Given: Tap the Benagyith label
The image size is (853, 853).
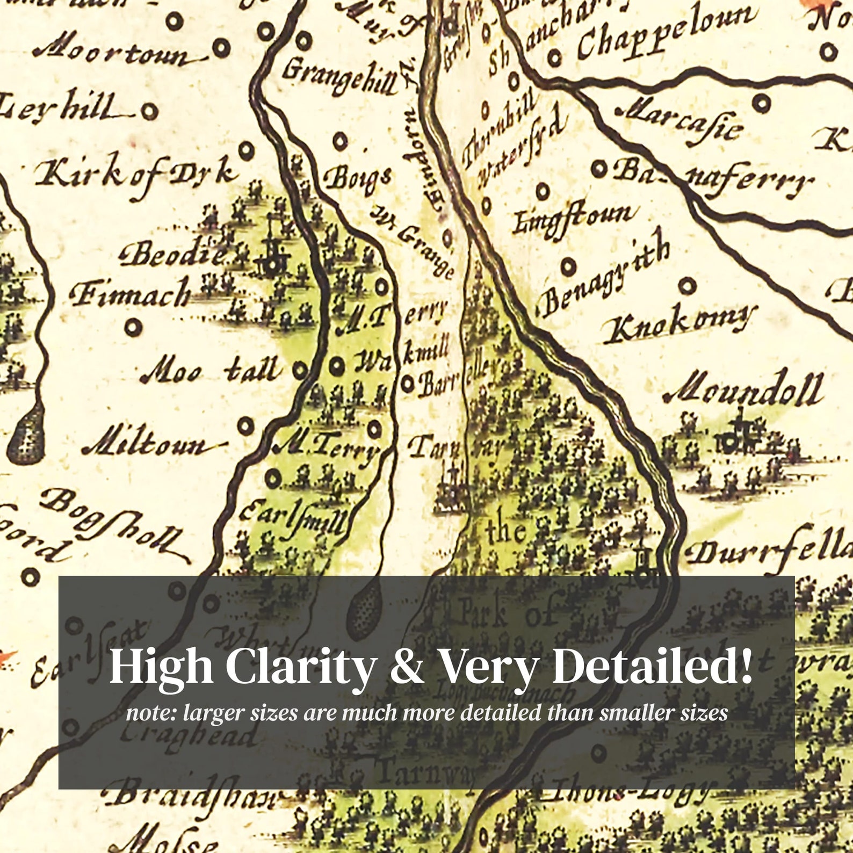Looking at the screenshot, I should (604, 279).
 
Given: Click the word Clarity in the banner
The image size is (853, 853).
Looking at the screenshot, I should (301, 666).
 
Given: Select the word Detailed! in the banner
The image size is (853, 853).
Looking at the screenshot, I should (652, 666).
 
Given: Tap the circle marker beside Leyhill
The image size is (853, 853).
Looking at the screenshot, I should (149, 112).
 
